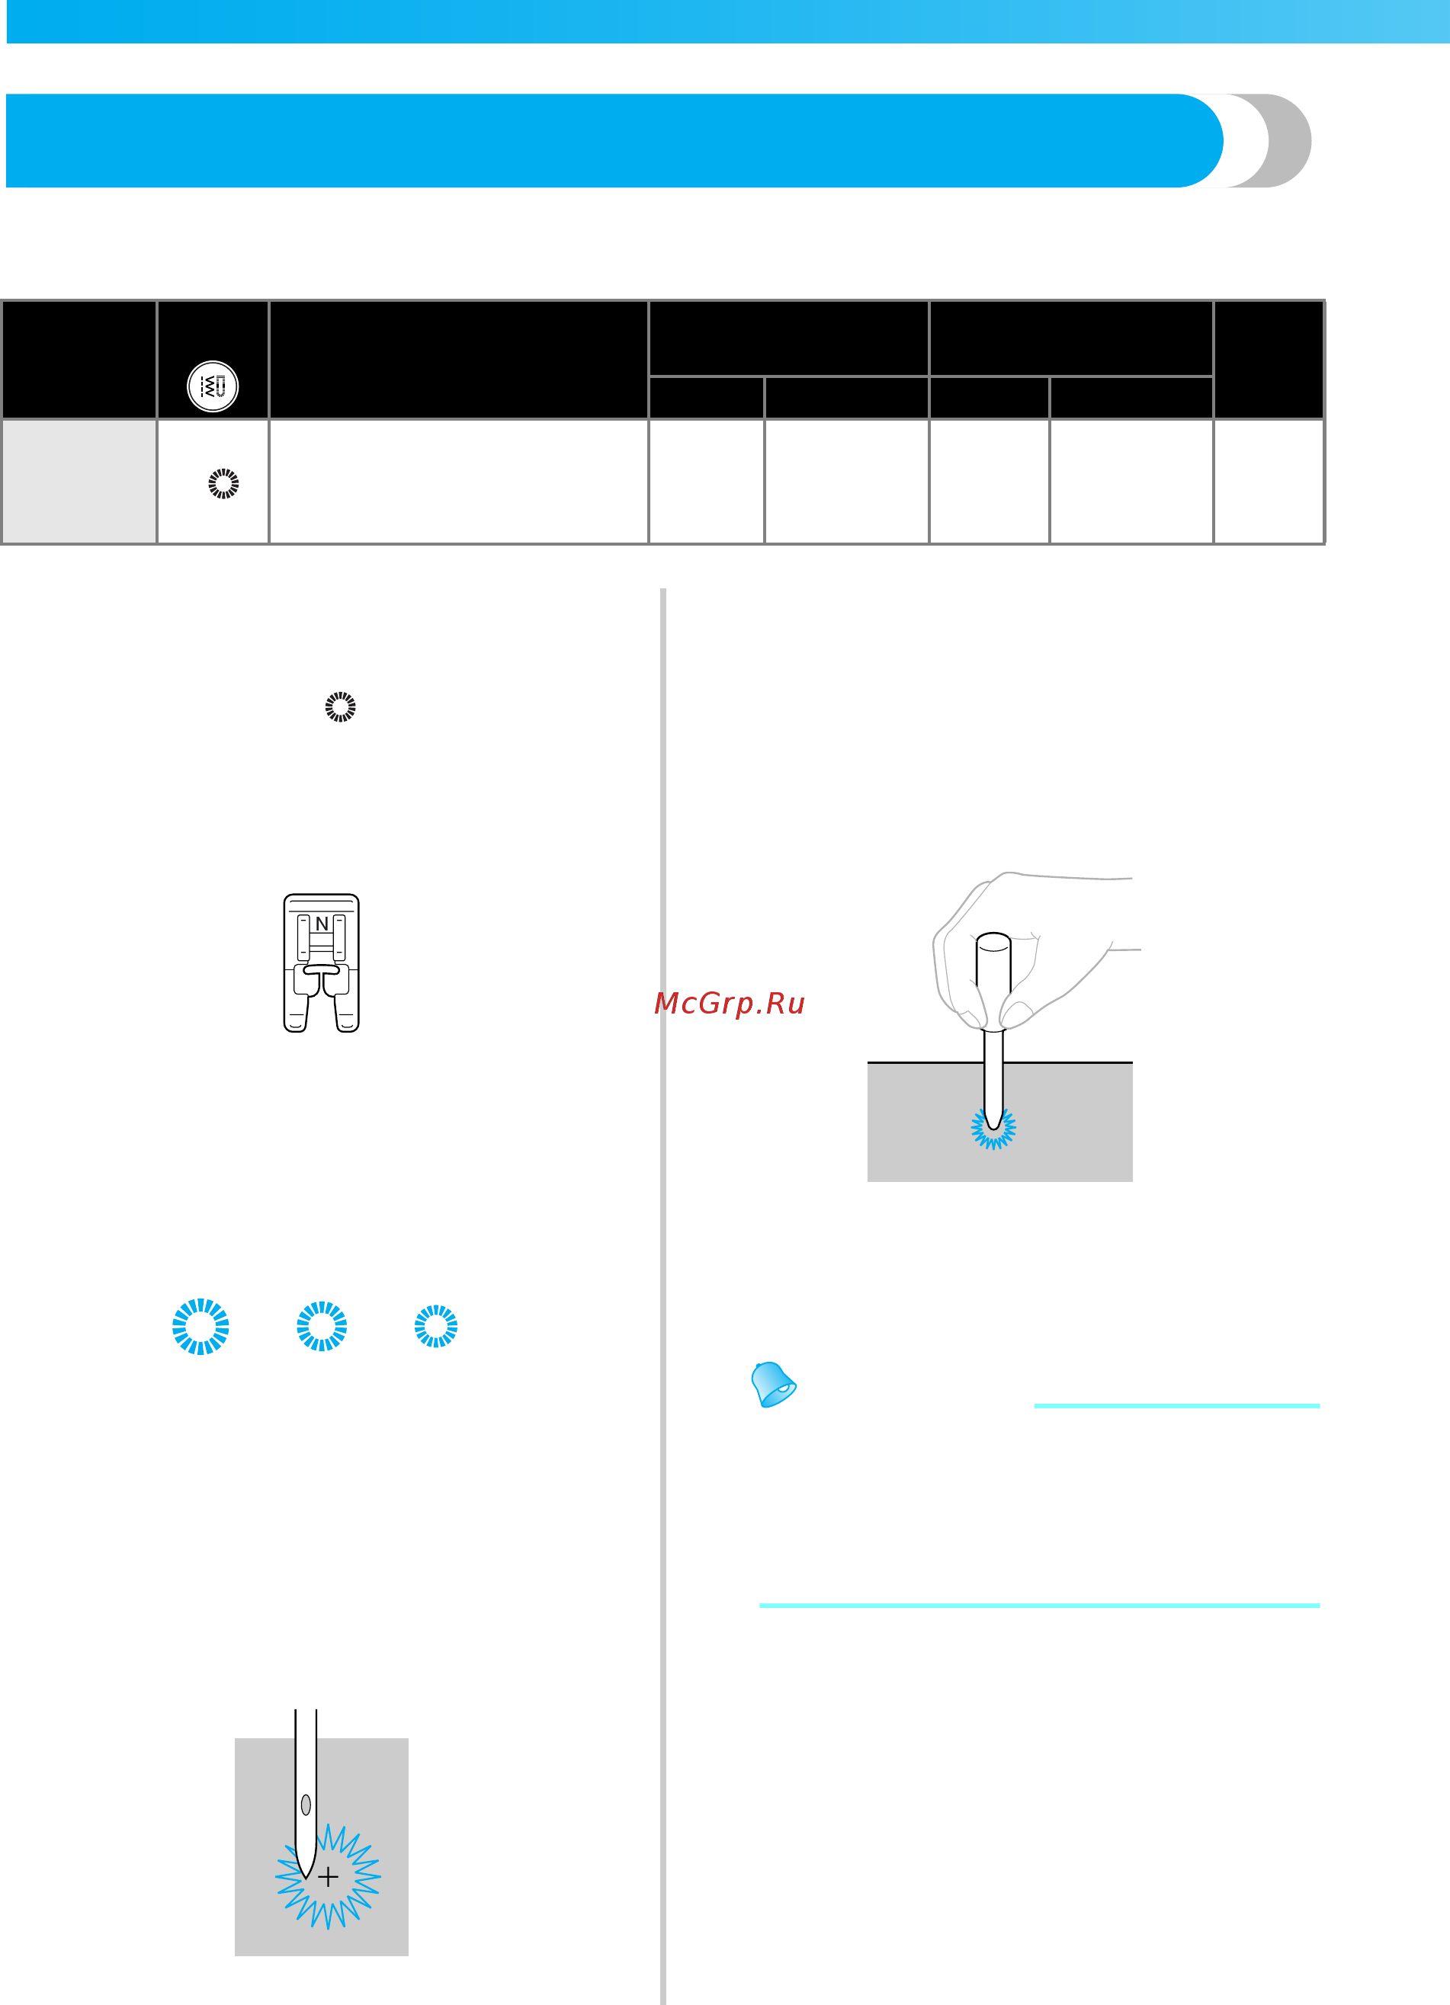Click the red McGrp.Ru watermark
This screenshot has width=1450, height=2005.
click(x=730, y=1003)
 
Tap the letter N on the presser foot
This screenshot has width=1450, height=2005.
click(x=322, y=924)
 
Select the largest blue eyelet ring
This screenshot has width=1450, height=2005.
click(x=200, y=1326)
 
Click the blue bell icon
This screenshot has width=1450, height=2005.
click(x=773, y=1383)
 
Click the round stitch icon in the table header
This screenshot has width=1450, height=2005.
click(x=213, y=386)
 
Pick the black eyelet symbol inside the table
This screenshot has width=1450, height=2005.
click(x=223, y=484)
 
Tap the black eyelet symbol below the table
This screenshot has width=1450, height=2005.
click(x=341, y=706)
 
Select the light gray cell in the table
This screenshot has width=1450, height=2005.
click(x=79, y=481)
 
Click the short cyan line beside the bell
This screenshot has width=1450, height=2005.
click(x=1177, y=1404)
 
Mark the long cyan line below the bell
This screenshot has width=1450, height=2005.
click(x=1040, y=1604)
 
